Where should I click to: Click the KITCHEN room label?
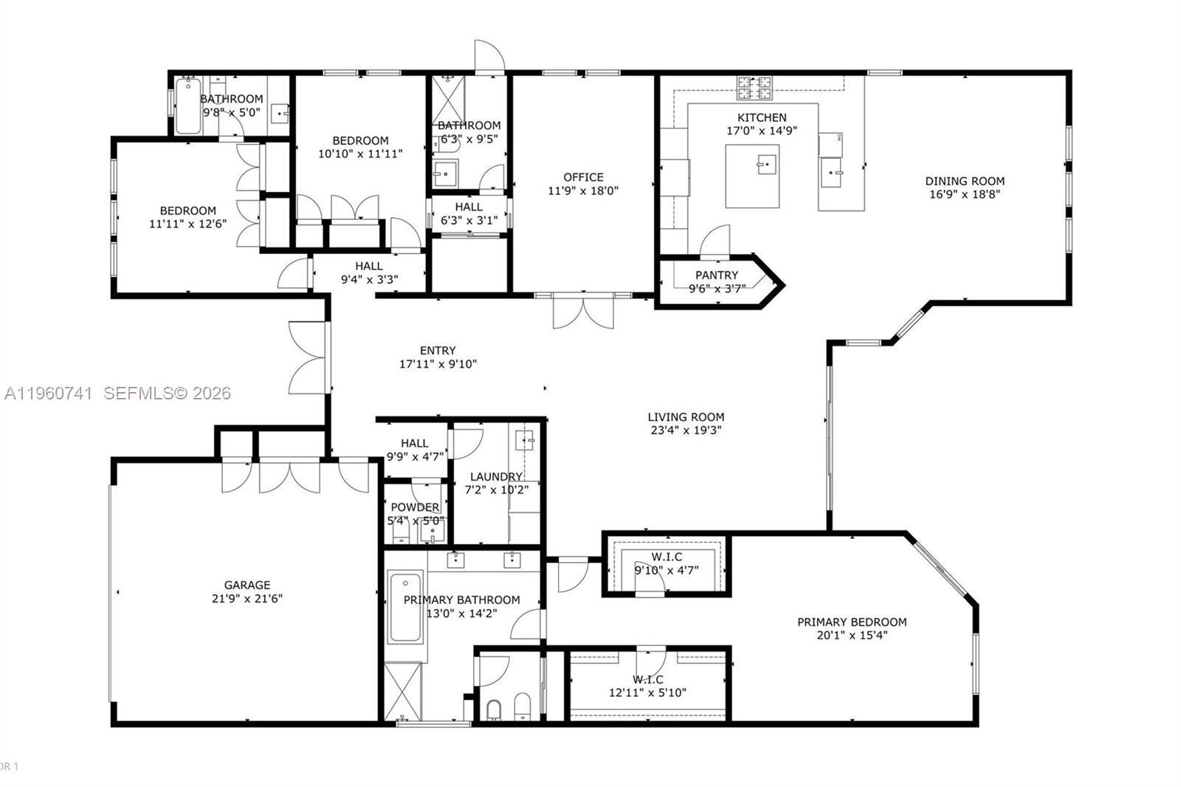pos(762,117)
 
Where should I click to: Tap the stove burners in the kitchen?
pos(754,88)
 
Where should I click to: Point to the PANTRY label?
pos(716,275)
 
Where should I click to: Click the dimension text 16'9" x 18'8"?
pos(965,195)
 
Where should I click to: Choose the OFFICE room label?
pos(583,177)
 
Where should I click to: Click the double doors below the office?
pos(583,310)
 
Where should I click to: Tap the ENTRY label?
pos(438,351)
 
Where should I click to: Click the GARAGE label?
pos(247,585)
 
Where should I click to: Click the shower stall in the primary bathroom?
pos(403,691)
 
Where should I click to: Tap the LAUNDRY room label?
pos(495,477)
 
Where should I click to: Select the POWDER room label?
pos(415,507)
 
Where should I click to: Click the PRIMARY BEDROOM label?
pos(852,622)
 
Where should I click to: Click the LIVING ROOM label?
pos(686,417)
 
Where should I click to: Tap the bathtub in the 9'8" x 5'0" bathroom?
pos(187,108)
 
